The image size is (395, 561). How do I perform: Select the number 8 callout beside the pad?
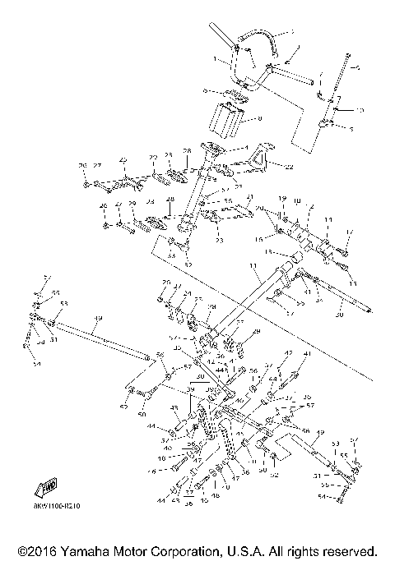[260, 119]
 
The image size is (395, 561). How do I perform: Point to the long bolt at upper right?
[342, 78]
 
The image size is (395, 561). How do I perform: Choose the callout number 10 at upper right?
[359, 109]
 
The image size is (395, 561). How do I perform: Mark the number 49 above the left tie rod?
[98, 319]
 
